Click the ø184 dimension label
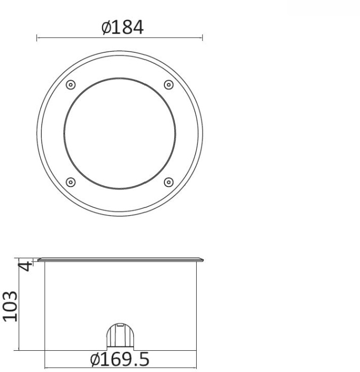pos(122,27)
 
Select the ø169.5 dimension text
pos(119,360)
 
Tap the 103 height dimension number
pos(11,306)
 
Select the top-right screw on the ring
pos(169,85)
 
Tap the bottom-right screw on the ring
pos(169,182)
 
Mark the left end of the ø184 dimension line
pos(37,38)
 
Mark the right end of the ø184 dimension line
pos(203,38)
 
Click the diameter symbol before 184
pos(105,28)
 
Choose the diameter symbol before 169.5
pos(96,360)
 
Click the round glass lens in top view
pos(120,133)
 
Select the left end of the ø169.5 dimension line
pos(44,367)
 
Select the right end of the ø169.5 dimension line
pos(196,367)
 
